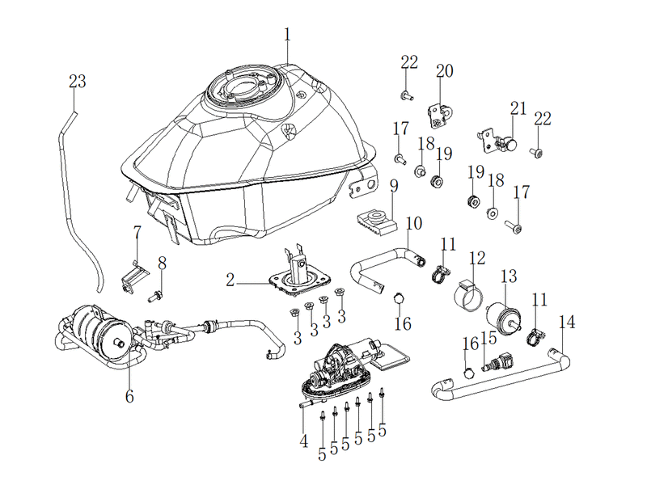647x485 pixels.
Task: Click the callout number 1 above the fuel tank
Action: (287, 35)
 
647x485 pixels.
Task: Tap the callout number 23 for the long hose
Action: (77, 82)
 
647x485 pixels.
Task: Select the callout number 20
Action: (444, 71)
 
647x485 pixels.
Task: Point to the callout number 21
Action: (518, 108)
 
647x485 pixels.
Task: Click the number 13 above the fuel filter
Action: (509, 276)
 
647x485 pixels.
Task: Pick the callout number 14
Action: (567, 322)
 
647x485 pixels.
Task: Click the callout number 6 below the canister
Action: (129, 396)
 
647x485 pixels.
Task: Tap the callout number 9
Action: (394, 186)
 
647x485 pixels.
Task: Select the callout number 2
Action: (230, 280)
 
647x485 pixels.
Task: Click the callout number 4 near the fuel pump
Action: (304, 441)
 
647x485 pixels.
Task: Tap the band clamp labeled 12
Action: (468, 295)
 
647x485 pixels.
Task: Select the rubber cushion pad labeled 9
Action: (376, 223)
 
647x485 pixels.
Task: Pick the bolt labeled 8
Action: (154, 296)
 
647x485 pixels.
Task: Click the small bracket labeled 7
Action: (134, 277)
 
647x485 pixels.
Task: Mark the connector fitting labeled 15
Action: (498, 361)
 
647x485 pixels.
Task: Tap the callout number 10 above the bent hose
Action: (414, 224)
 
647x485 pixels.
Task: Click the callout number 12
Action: (477, 258)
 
